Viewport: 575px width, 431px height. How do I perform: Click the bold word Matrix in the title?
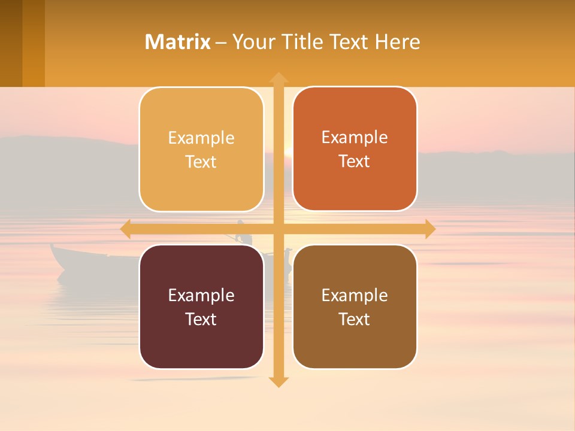(178, 42)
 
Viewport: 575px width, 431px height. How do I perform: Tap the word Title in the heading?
(302, 42)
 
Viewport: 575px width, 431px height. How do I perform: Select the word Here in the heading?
(397, 42)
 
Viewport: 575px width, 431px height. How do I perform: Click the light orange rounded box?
(201, 150)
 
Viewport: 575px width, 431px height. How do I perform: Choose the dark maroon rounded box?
(201, 306)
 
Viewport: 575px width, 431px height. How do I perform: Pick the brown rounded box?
(355, 306)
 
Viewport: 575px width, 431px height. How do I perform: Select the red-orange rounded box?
(355, 149)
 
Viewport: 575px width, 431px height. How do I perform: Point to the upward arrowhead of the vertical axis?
(279, 77)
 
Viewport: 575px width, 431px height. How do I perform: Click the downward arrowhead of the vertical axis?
(279, 381)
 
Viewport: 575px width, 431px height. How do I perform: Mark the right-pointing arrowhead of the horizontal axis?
(429, 229)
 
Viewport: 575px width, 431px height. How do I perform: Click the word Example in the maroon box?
(201, 295)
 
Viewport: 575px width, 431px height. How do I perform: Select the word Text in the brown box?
(355, 319)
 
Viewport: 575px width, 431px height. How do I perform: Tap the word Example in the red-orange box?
(355, 138)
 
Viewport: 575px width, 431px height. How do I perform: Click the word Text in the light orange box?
(201, 162)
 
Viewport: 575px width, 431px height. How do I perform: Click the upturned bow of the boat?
(55, 248)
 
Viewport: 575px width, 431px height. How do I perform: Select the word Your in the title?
(250, 42)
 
